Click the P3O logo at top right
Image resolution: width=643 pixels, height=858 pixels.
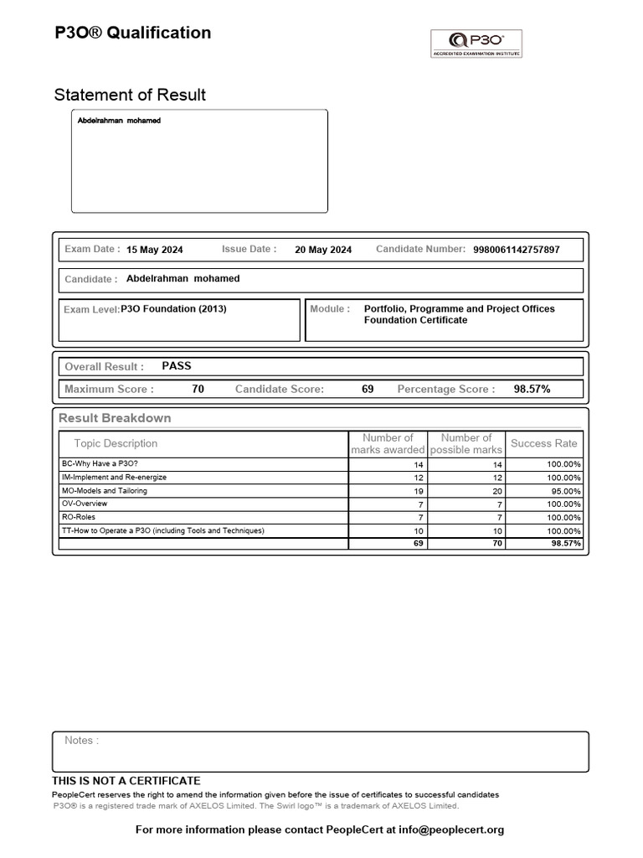click(x=476, y=43)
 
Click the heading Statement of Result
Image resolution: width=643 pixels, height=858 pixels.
click(x=130, y=95)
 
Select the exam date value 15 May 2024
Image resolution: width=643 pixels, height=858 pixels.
click(x=154, y=250)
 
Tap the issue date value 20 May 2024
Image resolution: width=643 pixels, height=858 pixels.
click(x=323, y=250)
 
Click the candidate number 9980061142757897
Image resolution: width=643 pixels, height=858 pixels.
click(x=517, y=250)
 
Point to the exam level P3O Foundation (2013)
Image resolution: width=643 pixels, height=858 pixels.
click(x=173, y=309)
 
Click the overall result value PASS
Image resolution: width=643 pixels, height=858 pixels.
click(x=177, y=366)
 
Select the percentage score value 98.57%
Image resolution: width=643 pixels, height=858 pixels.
click(x=532, y=389)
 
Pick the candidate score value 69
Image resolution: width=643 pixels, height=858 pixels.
click(x=368, y=389)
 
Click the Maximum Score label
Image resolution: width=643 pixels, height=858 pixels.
click(x=109, y=389)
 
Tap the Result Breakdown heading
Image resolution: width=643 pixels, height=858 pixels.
click(x=115, y=418)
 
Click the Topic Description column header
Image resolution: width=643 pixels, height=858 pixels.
click(x=116, y=443)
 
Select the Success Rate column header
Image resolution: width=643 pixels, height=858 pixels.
click(x=543, y=443)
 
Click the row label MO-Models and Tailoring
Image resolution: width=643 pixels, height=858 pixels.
click(x=105, y=490)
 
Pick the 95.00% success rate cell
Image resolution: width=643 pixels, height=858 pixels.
click(x=564, y=491)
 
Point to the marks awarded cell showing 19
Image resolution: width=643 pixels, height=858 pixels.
click(x=419, y=491)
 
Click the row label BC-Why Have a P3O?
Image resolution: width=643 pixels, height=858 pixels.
click(x=100, y=463)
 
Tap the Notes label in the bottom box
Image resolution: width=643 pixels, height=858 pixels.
click(x=81, y=741)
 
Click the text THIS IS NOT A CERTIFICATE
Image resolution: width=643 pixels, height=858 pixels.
click(x=126, y=781)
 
